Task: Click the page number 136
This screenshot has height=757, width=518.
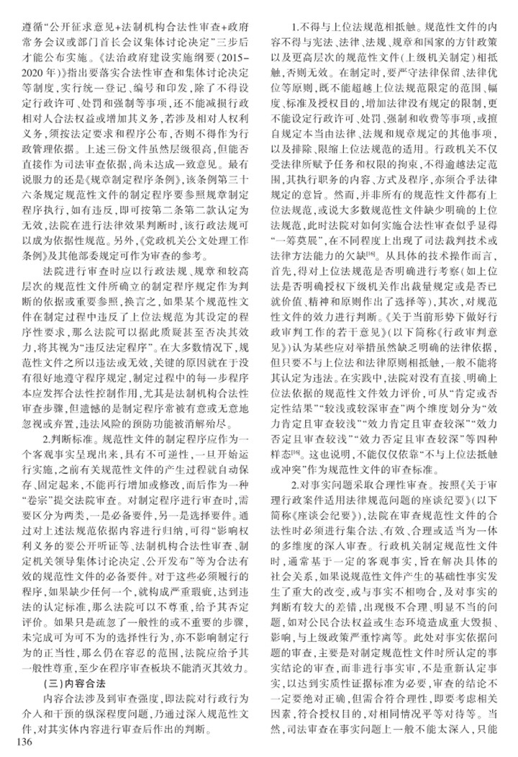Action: [x=16, y=741]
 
